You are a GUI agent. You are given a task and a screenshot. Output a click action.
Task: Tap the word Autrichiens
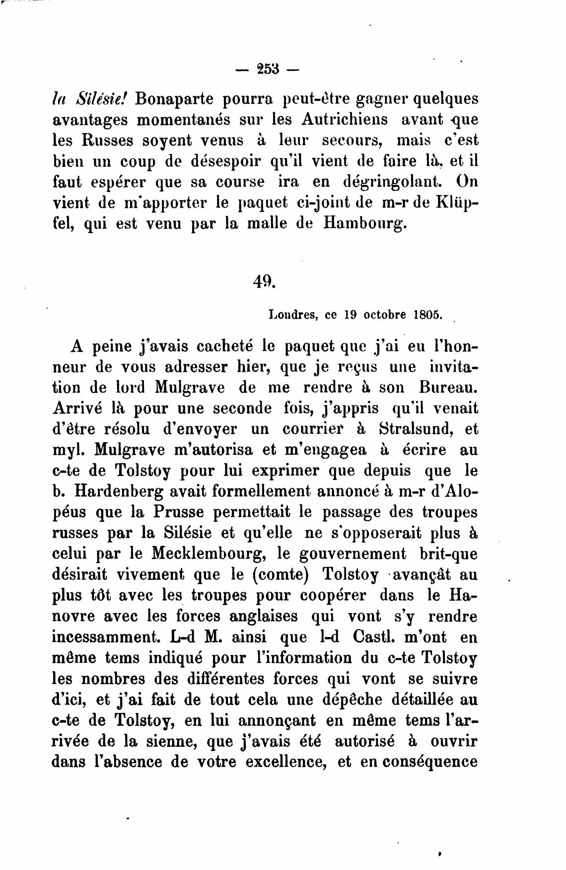(344, 120)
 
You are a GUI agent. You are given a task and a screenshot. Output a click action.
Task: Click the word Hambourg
(365, 223)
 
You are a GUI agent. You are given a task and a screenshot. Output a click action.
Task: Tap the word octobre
(385, 315)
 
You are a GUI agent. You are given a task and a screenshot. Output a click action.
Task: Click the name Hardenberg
(131, 491)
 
